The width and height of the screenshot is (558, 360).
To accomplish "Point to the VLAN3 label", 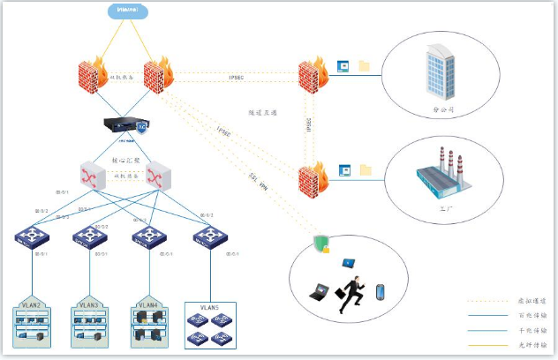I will [88, 304].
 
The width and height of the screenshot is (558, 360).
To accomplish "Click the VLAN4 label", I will [147, 304].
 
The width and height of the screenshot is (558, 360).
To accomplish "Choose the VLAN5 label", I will [208, 307].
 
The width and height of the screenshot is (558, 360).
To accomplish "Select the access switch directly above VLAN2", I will [31, 236].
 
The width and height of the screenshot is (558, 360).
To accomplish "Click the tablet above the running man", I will [349, 263].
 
